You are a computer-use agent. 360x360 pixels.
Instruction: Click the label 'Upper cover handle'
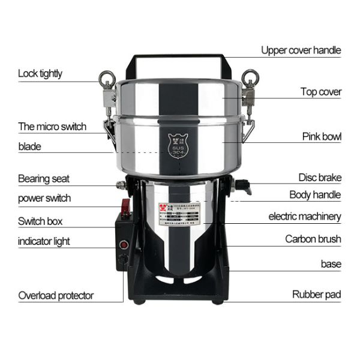(x=301, y=50)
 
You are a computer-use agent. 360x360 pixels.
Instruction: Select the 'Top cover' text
(x=321, y=92)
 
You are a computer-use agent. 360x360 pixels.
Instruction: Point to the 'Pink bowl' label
(x=322, y=136)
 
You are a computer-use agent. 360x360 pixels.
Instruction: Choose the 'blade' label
(x=29, y=146)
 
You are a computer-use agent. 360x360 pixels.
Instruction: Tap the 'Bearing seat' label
(x=44, y=178)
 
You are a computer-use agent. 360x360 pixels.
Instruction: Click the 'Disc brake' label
(x=320, y=177)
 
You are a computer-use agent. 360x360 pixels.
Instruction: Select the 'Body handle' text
(x=315, y=194)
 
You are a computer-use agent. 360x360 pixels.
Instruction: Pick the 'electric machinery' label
(x=305, y=216)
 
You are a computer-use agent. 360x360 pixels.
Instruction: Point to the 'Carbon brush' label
(x=313, y=239)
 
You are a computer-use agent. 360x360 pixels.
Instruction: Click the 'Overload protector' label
(x=56, y=295)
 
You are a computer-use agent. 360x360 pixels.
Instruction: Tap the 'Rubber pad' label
(x=316, y=294)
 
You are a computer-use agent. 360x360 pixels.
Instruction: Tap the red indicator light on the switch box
(x=124, y=244)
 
